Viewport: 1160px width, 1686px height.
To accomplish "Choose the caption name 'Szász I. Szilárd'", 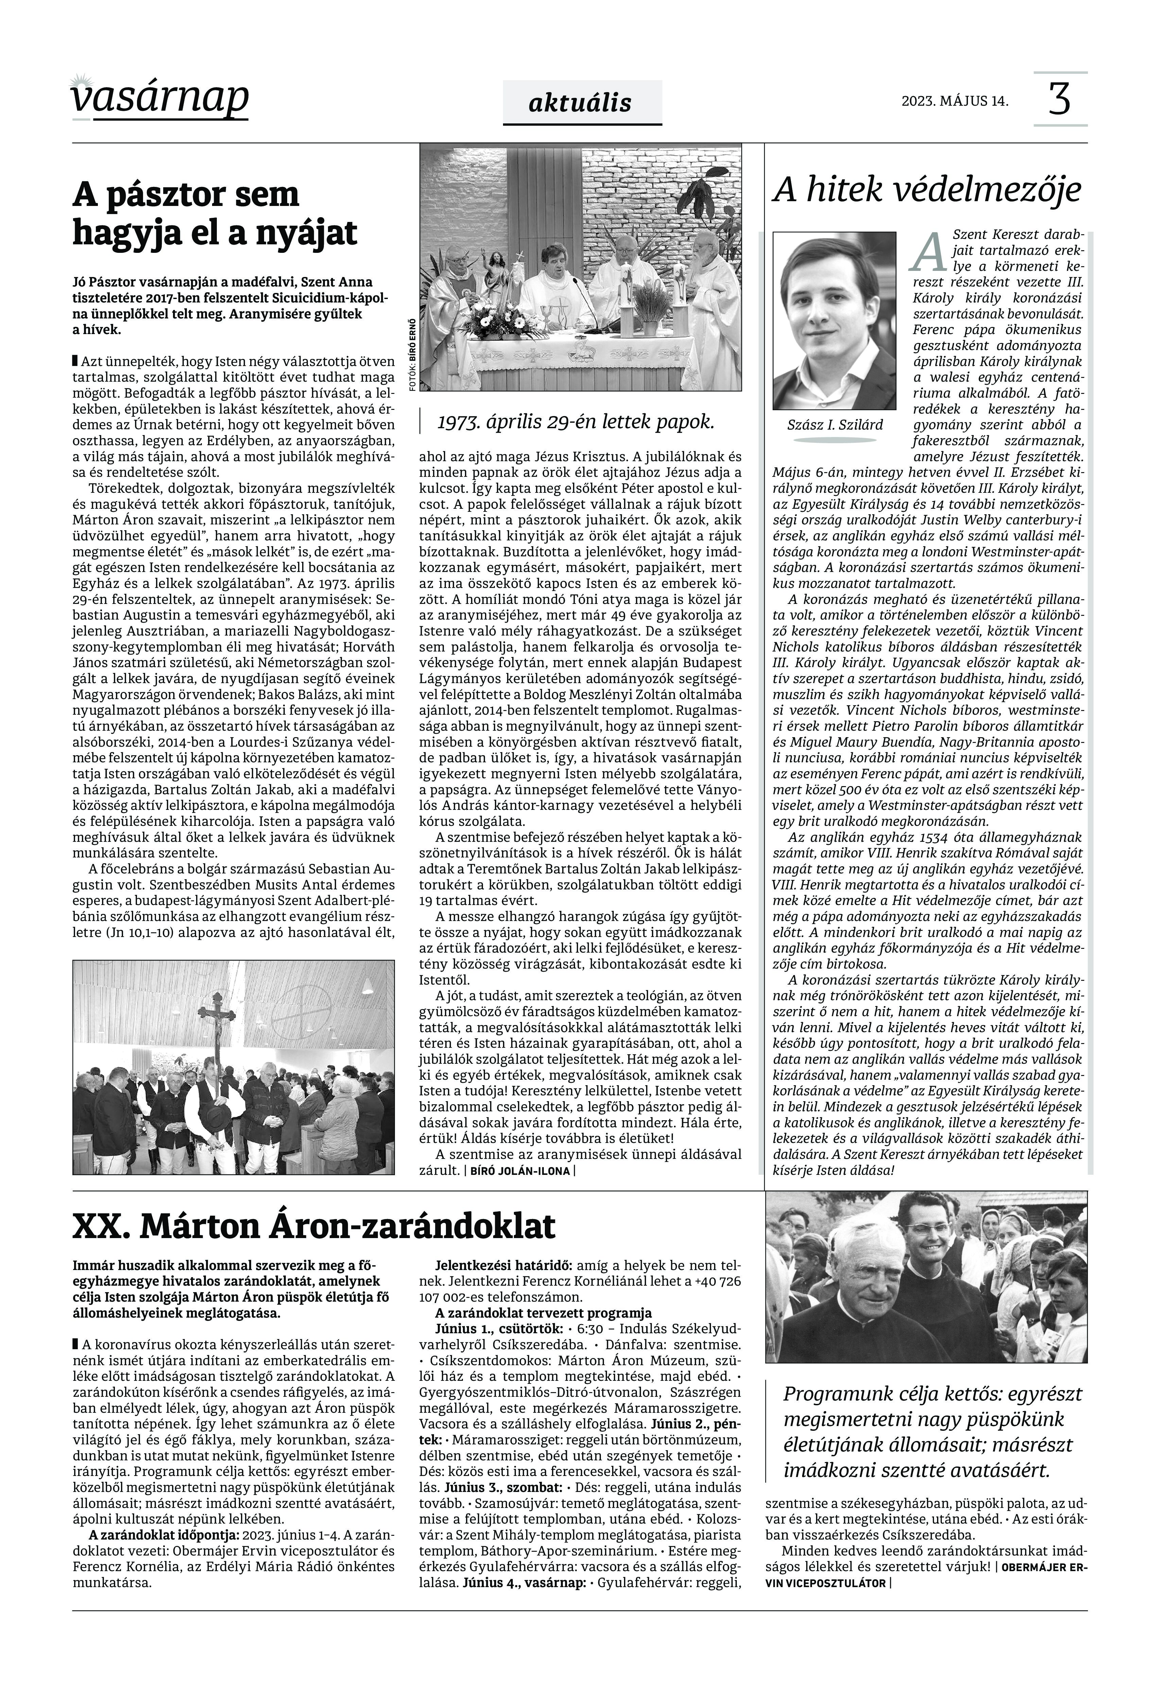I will [x=834, y=424].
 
